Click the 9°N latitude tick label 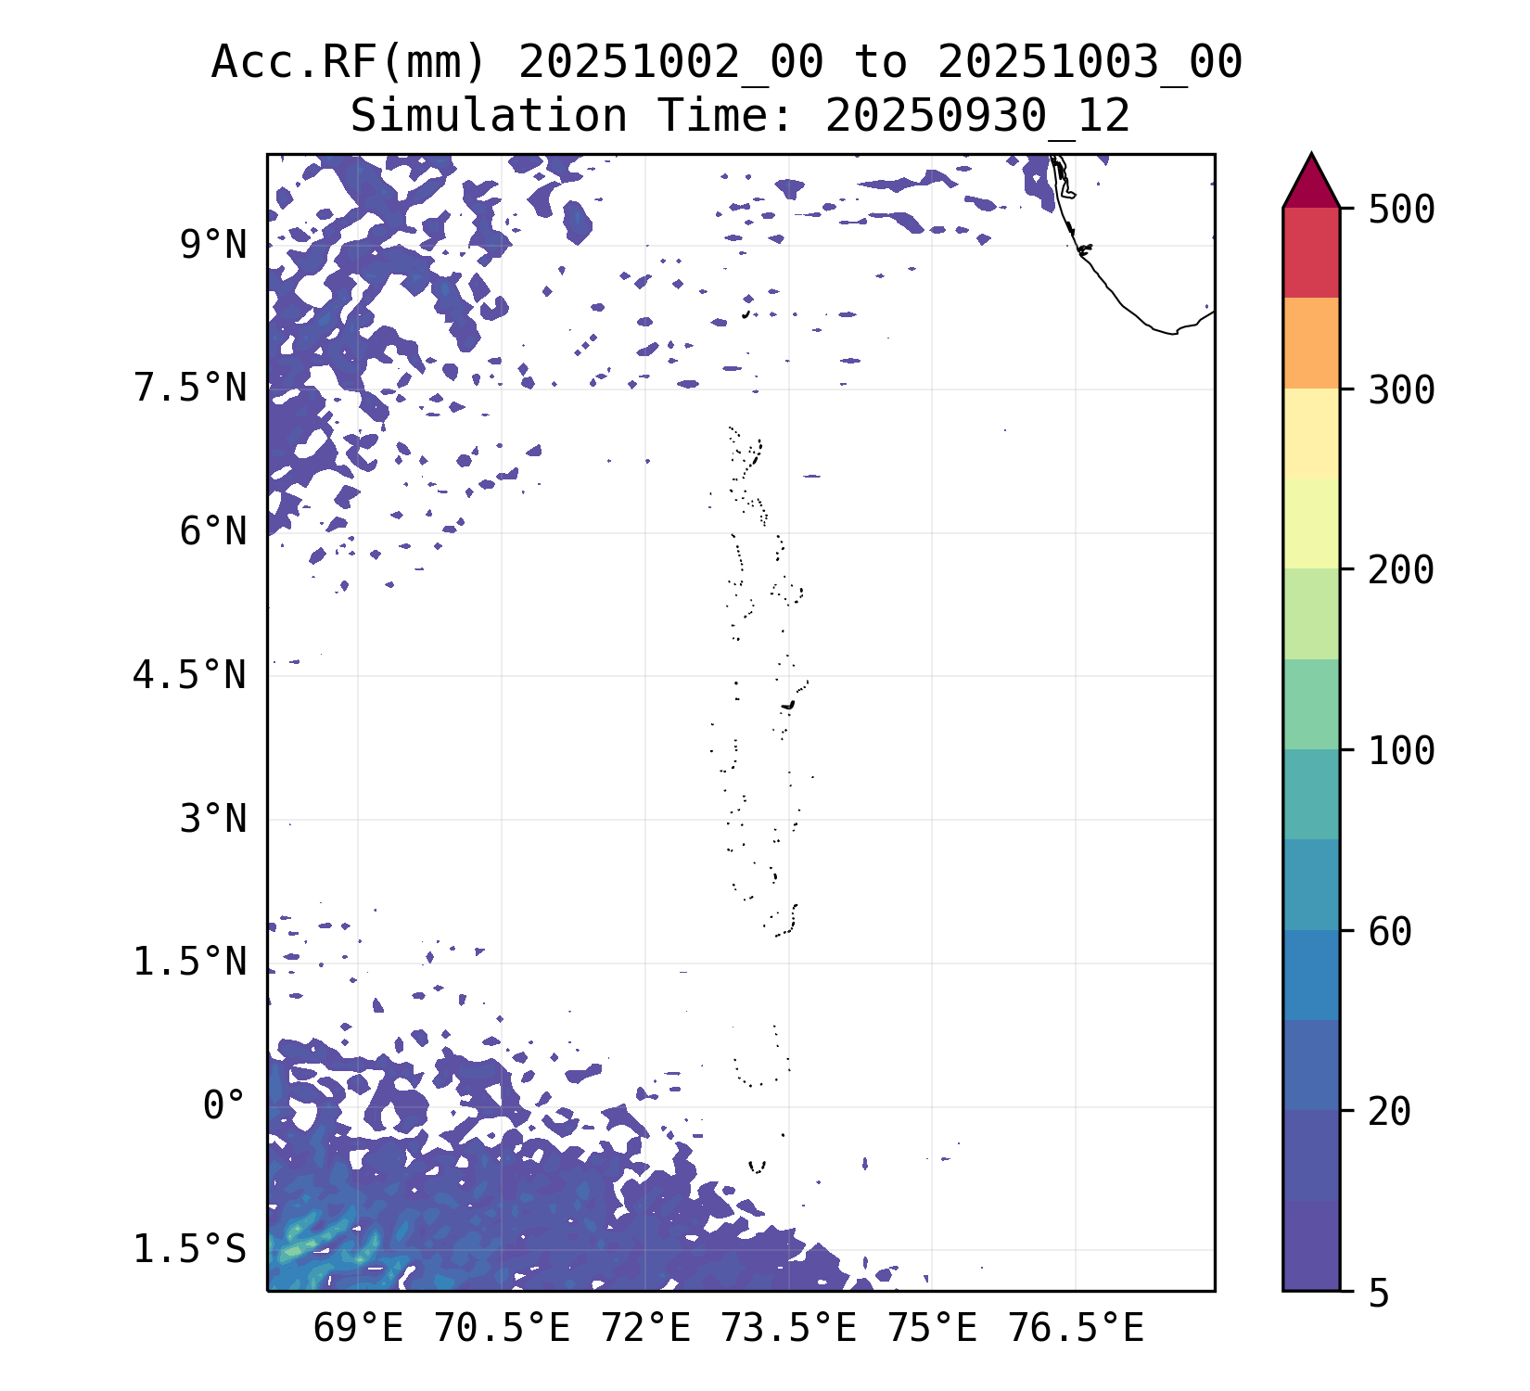pos(213,247)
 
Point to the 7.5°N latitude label pos(191,389)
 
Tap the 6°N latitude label pos(213,532)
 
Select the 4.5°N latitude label pos(191,676)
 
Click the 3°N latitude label pos(213,820)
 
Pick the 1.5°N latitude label pos(191,963)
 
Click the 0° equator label pos(224,1106)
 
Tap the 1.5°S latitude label pos(191,1250)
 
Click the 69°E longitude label pos(358,1330)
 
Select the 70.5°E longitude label pos(502,1330)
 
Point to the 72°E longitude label pos(645,1330)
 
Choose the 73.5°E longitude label pos(788,1330)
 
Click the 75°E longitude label pos(932,1330)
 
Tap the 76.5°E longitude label pos(1076,1330)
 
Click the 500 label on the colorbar pos(1401,210)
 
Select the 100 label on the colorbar pos(1401,750)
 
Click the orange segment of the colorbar pos(1311,343)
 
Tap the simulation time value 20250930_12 pos(977,117)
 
